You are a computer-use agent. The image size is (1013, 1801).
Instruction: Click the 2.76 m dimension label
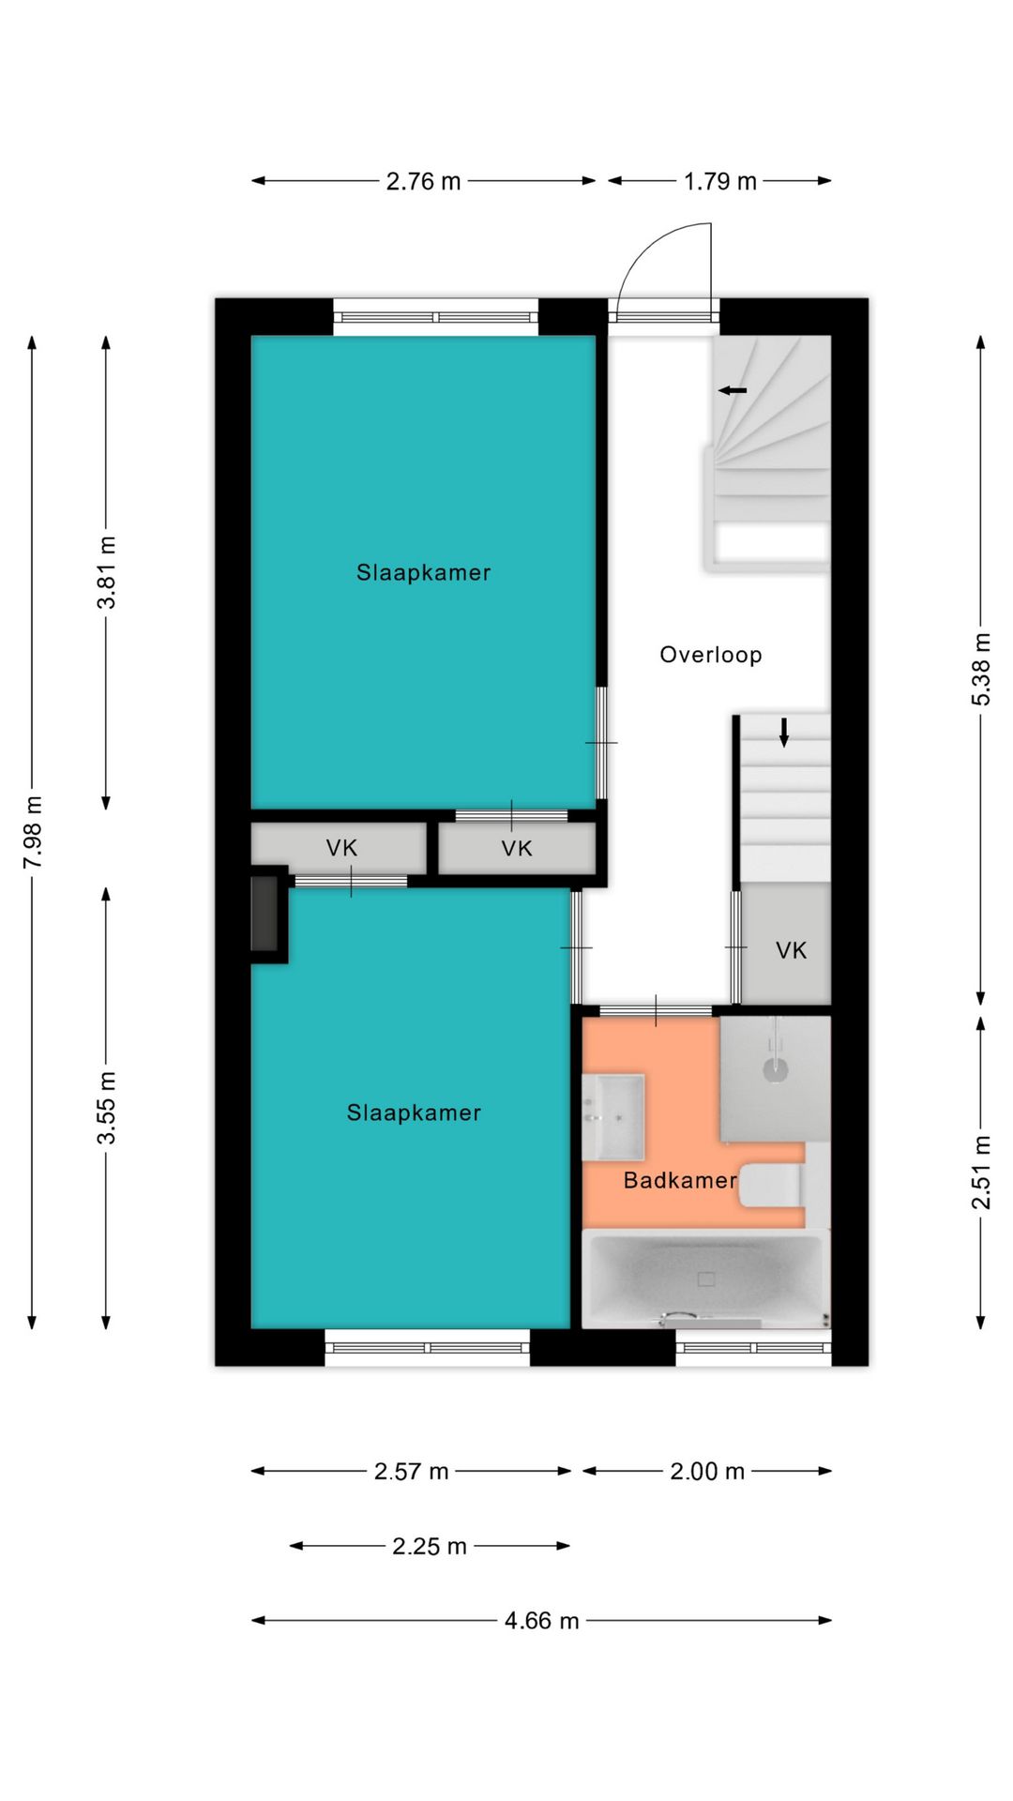tap(423, 181)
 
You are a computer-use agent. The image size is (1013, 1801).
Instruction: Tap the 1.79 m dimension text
tap(719, 181)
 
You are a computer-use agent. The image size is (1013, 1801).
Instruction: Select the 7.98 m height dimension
tap(33, 832)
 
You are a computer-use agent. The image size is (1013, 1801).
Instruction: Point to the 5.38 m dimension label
tap(980, 669)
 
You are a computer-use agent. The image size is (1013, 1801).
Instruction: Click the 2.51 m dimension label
tap(980, 1172)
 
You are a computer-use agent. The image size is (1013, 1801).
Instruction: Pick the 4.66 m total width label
tap(541, 1621)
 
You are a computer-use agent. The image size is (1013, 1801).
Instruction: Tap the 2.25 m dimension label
tap(429, 1546)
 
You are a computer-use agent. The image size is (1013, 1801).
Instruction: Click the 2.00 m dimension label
tap(707, 1471)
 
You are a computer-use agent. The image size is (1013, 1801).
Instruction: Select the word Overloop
tap(711, 655)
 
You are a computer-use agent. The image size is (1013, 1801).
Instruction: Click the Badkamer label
tap(680, 1180)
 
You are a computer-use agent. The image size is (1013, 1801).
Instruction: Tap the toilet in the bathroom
tap(771, 1186)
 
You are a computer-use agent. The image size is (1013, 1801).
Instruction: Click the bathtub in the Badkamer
tap(705, 1279)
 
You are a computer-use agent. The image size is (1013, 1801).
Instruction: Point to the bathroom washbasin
tap(613, 1117)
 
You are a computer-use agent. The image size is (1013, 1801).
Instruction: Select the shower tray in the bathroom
tap(775, 1079)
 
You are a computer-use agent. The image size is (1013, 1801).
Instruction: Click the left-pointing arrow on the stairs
tap(733, 390)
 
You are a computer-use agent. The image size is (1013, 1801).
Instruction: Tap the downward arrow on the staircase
tap(784, 733)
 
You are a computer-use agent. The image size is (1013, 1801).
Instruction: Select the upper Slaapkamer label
tap(423, 572)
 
